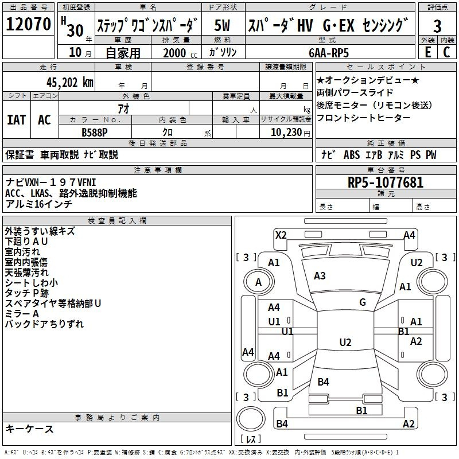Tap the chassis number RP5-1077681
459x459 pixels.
[386, 183]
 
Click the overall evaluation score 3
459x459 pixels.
[437, 26]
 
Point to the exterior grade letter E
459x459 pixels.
[427, 52]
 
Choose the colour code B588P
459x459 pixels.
[95, 132]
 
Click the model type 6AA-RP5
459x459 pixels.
[328, 52]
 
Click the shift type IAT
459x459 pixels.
[16, 120]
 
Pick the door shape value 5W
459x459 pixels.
[222, 26]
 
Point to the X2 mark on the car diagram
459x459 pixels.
[281, 235]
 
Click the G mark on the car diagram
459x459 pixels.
[363, 302]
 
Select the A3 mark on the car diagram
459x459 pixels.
[320, 276]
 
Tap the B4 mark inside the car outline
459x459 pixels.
[323, 382]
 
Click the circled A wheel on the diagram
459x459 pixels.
[259, 282]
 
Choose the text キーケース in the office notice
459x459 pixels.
[30, 429]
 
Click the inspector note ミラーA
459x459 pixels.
[22, 314]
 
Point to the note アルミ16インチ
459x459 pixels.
[38, 204]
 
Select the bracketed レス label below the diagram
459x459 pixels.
[251, 440]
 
